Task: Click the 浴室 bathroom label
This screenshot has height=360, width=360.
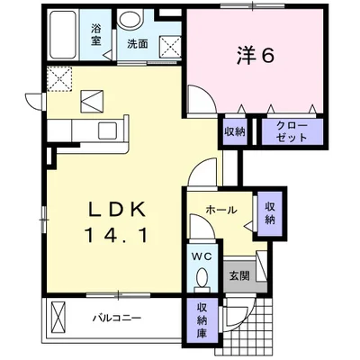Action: [96, 35]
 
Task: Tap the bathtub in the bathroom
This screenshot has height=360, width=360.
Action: [62, 35]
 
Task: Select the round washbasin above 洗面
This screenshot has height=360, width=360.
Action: [130, 20]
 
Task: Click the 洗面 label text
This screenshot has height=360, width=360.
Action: [138, 44]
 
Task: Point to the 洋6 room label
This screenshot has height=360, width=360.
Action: [256, 56]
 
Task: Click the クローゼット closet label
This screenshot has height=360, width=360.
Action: [292, 131]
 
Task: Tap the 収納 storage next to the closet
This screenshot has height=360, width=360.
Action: [235, 131]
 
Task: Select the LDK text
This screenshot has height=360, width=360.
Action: [117, 209]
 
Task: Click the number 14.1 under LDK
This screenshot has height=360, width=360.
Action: [117, 234]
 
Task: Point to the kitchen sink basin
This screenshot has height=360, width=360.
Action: [107, 130]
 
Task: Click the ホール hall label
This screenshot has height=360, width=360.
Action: [221, 210]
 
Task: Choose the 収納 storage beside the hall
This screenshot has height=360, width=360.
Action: [270, 213]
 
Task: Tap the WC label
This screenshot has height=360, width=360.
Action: [202, 256]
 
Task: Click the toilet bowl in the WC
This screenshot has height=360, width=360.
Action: [202, 275]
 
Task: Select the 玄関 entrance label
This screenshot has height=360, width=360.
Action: [239, 275]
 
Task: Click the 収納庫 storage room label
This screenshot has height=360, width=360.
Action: [202, 320]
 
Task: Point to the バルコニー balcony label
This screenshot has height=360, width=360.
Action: [117, 318]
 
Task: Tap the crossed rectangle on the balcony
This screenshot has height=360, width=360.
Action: [58, 316]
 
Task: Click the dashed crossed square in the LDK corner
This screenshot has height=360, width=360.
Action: [59, 78]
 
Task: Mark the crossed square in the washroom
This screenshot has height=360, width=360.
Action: [169, 47]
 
